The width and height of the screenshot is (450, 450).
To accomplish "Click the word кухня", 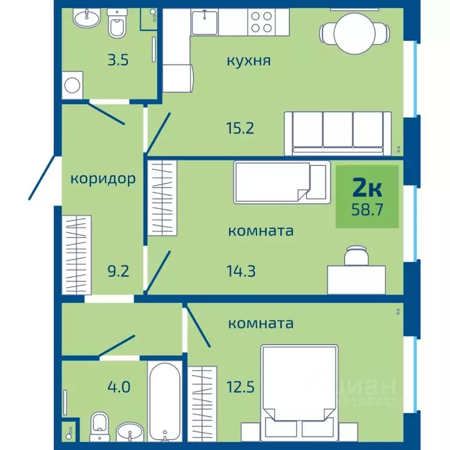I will pyautogui.click(x=249, y=60).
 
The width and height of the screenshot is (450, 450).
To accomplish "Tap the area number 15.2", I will pyautogui.click(x=241, y=127).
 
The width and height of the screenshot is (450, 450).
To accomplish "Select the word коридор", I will pyautogui.click(x=103, y=178).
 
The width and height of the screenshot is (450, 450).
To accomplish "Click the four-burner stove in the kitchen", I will pyautogui.click(x=261, y=22).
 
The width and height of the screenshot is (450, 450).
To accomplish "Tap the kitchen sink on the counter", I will pyautogui.click(x=205, y=22).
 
